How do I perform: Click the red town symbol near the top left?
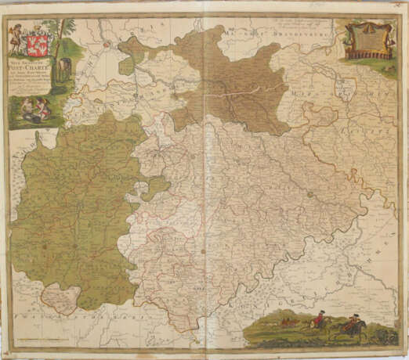(x=105, y=45)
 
